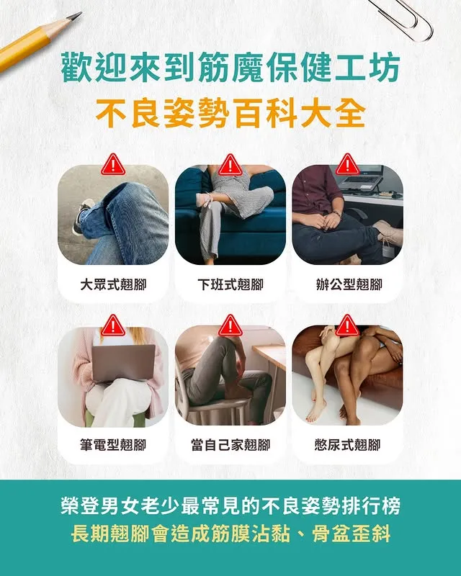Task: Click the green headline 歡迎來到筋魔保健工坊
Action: point(230,68)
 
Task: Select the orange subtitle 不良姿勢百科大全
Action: point(230,114)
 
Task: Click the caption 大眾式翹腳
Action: point(113,284)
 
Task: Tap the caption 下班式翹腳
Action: point(230,284)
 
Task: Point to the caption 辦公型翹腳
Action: point(349,284)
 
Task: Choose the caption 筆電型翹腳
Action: point(113,445)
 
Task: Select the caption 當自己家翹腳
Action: point(230,445)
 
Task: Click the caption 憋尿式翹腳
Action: point(348,445)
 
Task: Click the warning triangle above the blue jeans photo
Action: point(113,165)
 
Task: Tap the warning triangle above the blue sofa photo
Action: point(230,165)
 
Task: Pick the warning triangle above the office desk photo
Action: point(347,165)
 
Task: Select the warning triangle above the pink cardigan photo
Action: point(113,326)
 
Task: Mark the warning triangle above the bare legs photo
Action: point(347,326)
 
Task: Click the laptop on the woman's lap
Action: point(123,362)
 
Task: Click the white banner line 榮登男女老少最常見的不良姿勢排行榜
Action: point(230,506)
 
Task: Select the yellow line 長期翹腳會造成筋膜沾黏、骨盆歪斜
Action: point(230,534)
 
